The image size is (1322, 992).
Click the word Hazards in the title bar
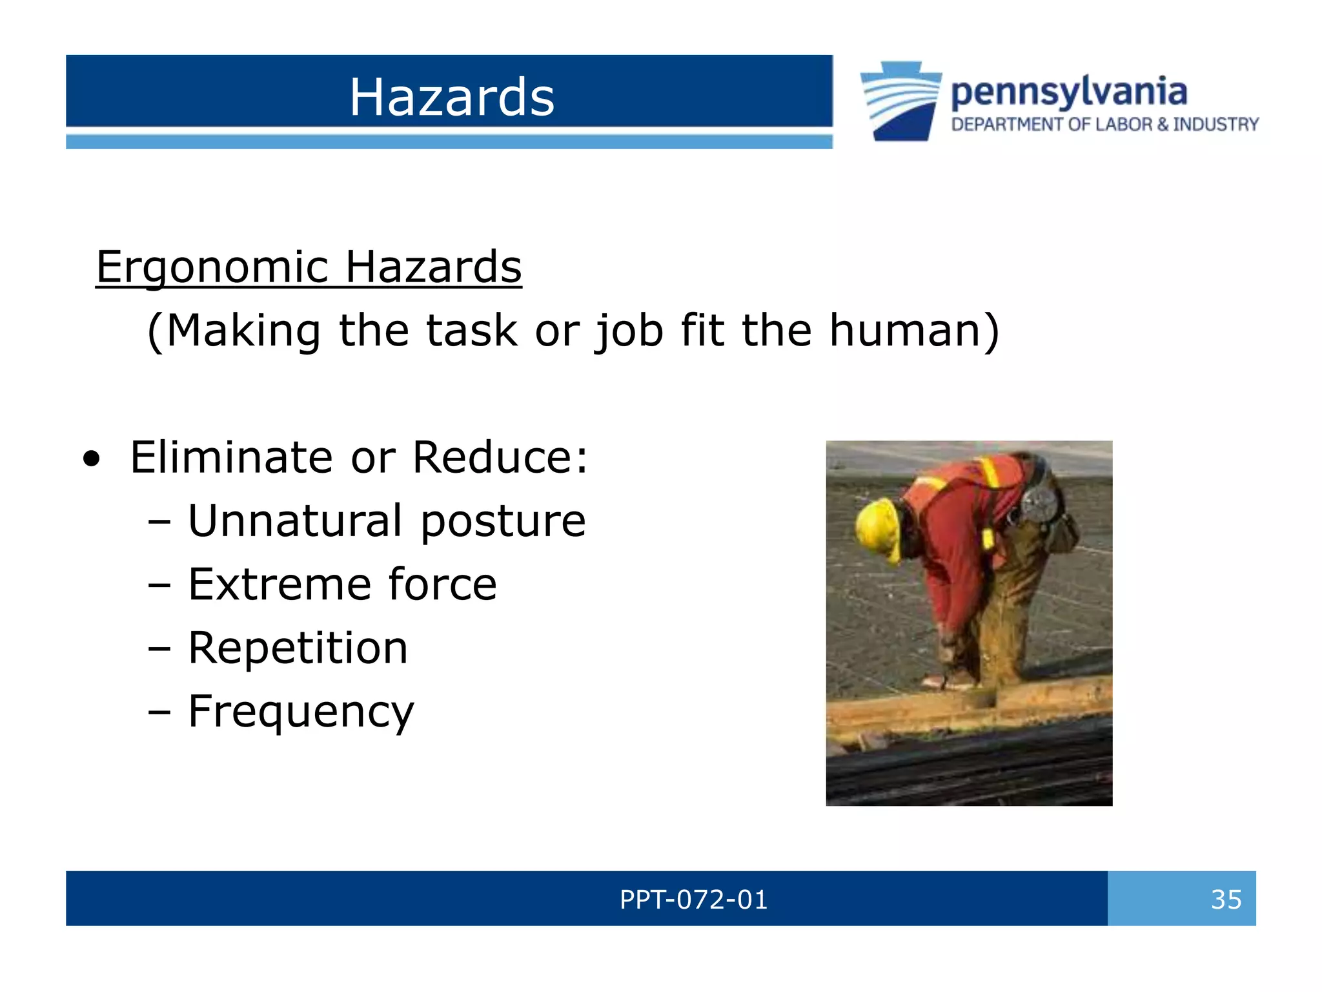pyautogui.click(x=451, y=97)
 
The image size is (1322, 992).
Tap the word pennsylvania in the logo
pyautogui.click(x=1068, y=92)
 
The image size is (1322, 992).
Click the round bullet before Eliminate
pyautogui.click(x=92, y=459)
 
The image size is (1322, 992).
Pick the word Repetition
pyautogui.click(x=298, y=648)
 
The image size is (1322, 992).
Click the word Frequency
pyautogui.click(x=301, y=712)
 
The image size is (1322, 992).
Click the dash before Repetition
pyautogui.click(x=159, y=648)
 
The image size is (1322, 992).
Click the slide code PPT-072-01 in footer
pyautogui.click(x=693, y=899)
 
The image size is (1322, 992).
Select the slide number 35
pyautogui.click(x=1226, y=899)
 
